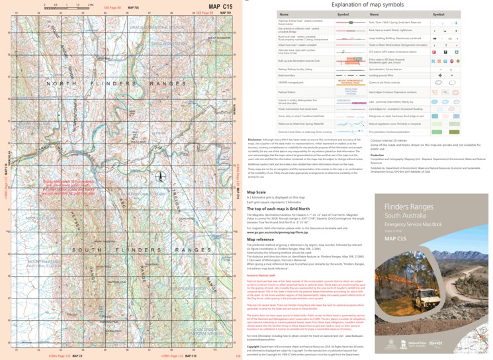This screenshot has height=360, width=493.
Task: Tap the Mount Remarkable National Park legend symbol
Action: [x=347, y=83]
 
